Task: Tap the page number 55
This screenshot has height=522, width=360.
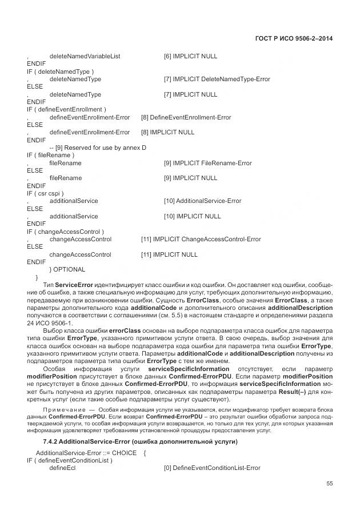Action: click(x=329, y=483)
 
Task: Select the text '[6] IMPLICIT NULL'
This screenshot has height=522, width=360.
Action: click(x=190, y=57)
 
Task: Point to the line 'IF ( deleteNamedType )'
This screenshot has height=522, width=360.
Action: click(x=60, y=71)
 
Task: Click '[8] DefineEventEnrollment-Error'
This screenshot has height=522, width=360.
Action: click(x=186, y=117)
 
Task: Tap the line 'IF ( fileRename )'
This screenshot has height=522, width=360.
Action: click(x=50, y=155)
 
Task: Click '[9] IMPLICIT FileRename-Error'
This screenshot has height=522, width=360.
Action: click(x=207, y=163)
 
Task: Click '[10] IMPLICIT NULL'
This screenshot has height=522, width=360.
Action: click(x=192, y=217)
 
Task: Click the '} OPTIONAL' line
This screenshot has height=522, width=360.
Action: click(x=67, y=269)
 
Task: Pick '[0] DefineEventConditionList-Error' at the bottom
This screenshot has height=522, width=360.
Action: click(x=211, y=468)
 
